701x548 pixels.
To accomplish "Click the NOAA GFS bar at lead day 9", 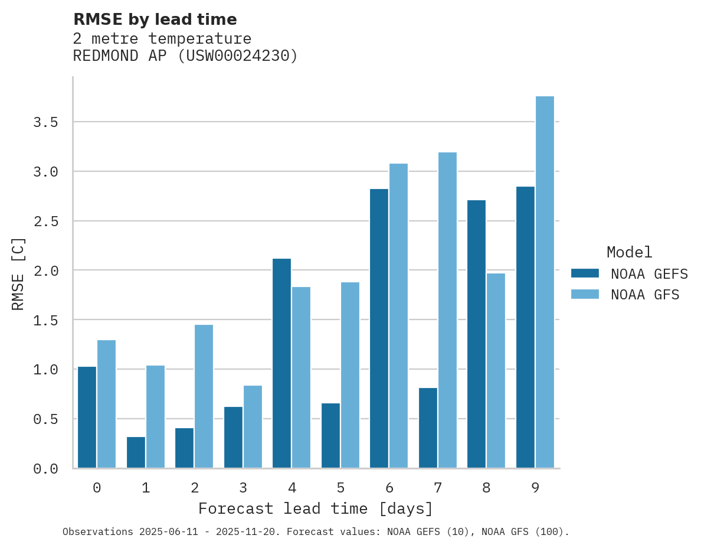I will [x=545, y=282].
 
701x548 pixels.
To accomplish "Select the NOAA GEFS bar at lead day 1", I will [x=136, y=452].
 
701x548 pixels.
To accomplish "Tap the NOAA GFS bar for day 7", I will [x=447, y=310].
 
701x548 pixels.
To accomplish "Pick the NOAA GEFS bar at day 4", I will [x=281, y=363].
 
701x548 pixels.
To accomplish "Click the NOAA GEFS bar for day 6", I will [x=379, y=328].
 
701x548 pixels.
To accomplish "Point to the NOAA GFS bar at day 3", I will [x=253, y=426].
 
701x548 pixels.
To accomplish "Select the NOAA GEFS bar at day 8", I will [x=476, y=334].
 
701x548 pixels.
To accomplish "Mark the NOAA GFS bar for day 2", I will [x=204, y=396].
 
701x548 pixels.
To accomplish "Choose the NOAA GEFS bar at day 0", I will [x=87, y=417].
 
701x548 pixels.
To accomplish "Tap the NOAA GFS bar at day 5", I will [x=350, y=375].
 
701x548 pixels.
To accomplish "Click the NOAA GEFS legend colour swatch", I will [x=585, y=273].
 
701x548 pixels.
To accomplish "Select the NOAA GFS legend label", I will [x=645, y=295].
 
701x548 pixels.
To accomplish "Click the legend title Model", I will [x=629, y=252].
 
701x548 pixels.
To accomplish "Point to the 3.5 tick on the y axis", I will [x=45, y=122].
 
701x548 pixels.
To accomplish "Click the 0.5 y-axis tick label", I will [x=45, y=419].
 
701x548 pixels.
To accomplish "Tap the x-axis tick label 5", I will [x=340, y=488].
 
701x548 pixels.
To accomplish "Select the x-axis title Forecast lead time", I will [x=316, y=508].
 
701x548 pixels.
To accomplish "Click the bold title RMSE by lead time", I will [x=155, y=19].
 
